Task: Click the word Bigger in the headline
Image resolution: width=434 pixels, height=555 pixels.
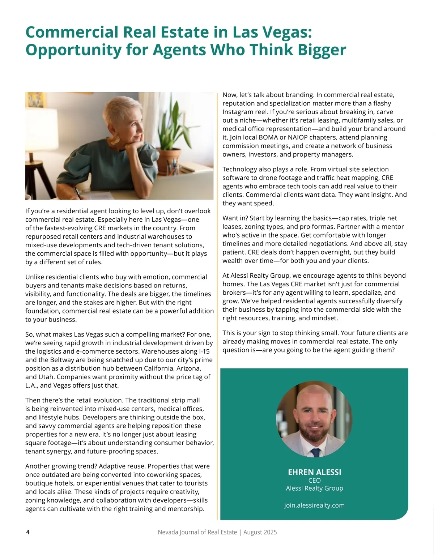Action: (322, 50)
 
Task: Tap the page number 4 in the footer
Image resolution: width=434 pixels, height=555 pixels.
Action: (28, 532)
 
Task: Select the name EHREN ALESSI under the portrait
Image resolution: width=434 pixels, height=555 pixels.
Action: (314, 472)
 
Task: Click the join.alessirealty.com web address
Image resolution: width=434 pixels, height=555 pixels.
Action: (314, 505)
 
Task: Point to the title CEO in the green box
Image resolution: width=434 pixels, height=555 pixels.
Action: (314, 480)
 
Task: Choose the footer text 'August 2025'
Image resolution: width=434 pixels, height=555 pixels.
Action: (260, 532)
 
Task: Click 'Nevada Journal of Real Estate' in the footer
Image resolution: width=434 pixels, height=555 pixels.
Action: (197, 532)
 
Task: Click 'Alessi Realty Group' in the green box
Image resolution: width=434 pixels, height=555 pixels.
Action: (314, 488)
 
